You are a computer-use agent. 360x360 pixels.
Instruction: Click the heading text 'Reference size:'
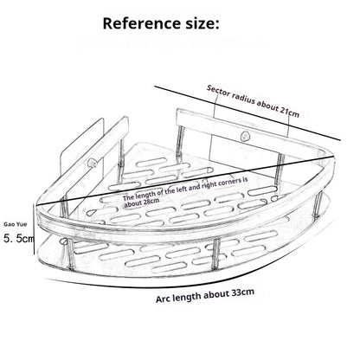tap(161, 23)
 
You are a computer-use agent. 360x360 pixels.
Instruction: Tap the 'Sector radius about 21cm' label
tap(253, 101)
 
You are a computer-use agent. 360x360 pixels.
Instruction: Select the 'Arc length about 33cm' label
tap(205, 295)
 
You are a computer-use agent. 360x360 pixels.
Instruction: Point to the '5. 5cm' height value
tap(19, 239)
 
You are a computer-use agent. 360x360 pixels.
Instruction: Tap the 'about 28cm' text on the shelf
tap(141, 202)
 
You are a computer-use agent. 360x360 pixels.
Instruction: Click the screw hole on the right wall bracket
tap(246, 136)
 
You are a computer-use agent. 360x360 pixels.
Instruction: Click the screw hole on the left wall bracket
tap(93, 163)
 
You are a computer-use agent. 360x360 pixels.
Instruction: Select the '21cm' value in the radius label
tap(289, 112)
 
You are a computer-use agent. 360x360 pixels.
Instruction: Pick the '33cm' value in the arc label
tap(242, 292)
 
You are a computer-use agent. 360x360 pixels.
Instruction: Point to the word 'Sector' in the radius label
tap(218, 91)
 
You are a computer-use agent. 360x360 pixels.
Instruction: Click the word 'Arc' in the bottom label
tap(163, 299)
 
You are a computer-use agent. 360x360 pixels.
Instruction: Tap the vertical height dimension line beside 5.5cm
tap(35, 229)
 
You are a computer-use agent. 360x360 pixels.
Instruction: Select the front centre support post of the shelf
tap(215, 254)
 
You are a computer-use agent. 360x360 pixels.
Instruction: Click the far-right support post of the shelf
tap(318, 204)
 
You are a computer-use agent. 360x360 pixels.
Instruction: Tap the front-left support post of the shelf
tap(71, 254)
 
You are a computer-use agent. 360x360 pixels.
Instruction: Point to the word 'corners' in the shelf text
tap(229, 182)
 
